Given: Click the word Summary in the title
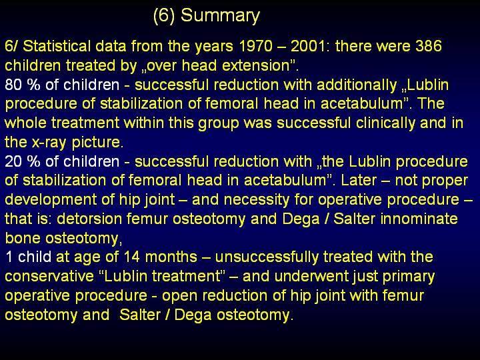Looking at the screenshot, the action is (220, 16).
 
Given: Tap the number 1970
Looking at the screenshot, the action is (256, 46).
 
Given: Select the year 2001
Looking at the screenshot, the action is (307, 46).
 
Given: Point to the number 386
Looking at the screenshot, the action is (429, 46).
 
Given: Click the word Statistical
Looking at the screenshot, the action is (57, 46).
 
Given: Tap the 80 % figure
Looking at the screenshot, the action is (23, 85).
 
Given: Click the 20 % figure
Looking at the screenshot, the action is (23, 161).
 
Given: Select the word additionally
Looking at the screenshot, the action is (357, 85).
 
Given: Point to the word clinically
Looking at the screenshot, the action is (385, 123).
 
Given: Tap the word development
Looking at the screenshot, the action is (51, 200).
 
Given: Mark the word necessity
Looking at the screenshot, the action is (257, 200).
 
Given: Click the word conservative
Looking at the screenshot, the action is (49, 277).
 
